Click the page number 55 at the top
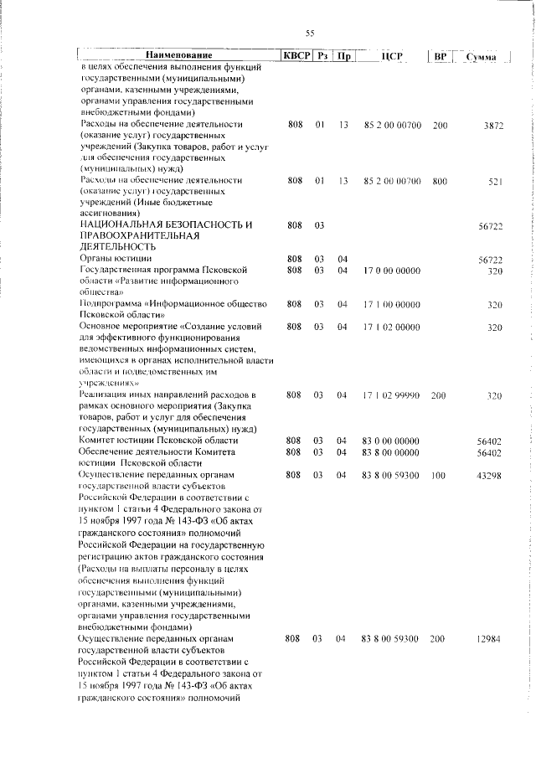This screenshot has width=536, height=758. [310, 34]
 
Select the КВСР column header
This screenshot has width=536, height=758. [296, 56]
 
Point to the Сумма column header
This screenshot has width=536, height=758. [482, 57]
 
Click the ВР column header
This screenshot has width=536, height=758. [441, 57]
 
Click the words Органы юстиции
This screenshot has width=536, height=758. [108, 260]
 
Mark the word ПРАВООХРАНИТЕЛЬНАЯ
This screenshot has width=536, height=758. [140, 237]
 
